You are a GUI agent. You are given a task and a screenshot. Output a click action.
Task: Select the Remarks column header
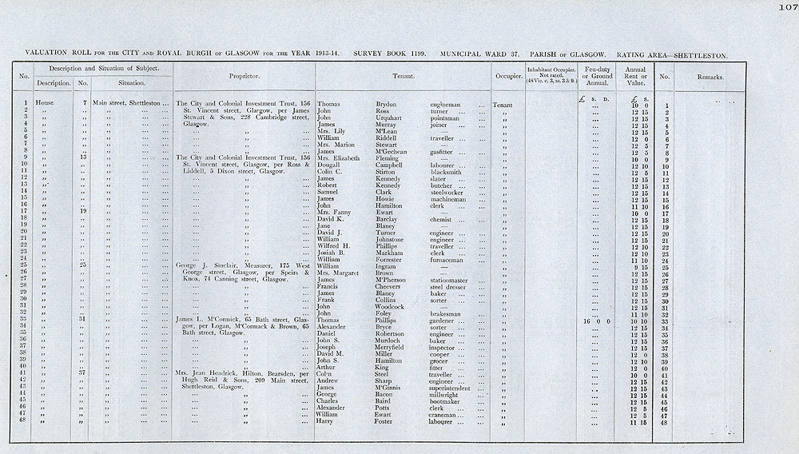tap(709, 78)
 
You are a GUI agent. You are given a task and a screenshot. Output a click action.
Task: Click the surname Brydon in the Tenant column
tap(388, 105)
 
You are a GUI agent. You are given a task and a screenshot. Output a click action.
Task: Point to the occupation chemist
tap(442, 219)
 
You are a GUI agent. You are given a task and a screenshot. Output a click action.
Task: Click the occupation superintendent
tap(455, 388)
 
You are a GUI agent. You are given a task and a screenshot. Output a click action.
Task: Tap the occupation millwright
tap(447, 395)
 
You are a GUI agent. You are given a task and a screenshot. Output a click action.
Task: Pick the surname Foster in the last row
tap(388, 422)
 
